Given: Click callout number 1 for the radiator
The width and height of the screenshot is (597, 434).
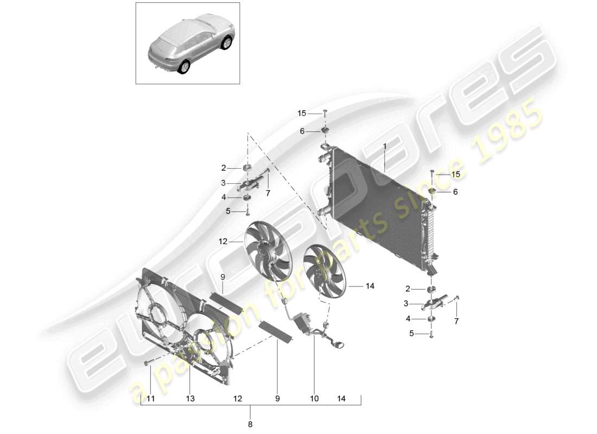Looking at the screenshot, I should click(385, 146).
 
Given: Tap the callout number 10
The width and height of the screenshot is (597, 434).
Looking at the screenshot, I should click(314, 399).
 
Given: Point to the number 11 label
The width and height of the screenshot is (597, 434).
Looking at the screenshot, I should click(150, 399).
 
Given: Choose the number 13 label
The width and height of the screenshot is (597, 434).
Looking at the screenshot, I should click(189, 399).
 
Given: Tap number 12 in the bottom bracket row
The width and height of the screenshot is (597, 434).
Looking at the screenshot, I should click(237, 399).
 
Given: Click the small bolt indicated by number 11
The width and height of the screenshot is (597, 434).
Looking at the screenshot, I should click(148, 362).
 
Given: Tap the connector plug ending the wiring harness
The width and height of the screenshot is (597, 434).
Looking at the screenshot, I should click(340, 344).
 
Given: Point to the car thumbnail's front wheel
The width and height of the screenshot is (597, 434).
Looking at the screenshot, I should click(226, 43).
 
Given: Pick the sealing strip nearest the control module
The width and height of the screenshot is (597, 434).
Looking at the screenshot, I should click(276, 331).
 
